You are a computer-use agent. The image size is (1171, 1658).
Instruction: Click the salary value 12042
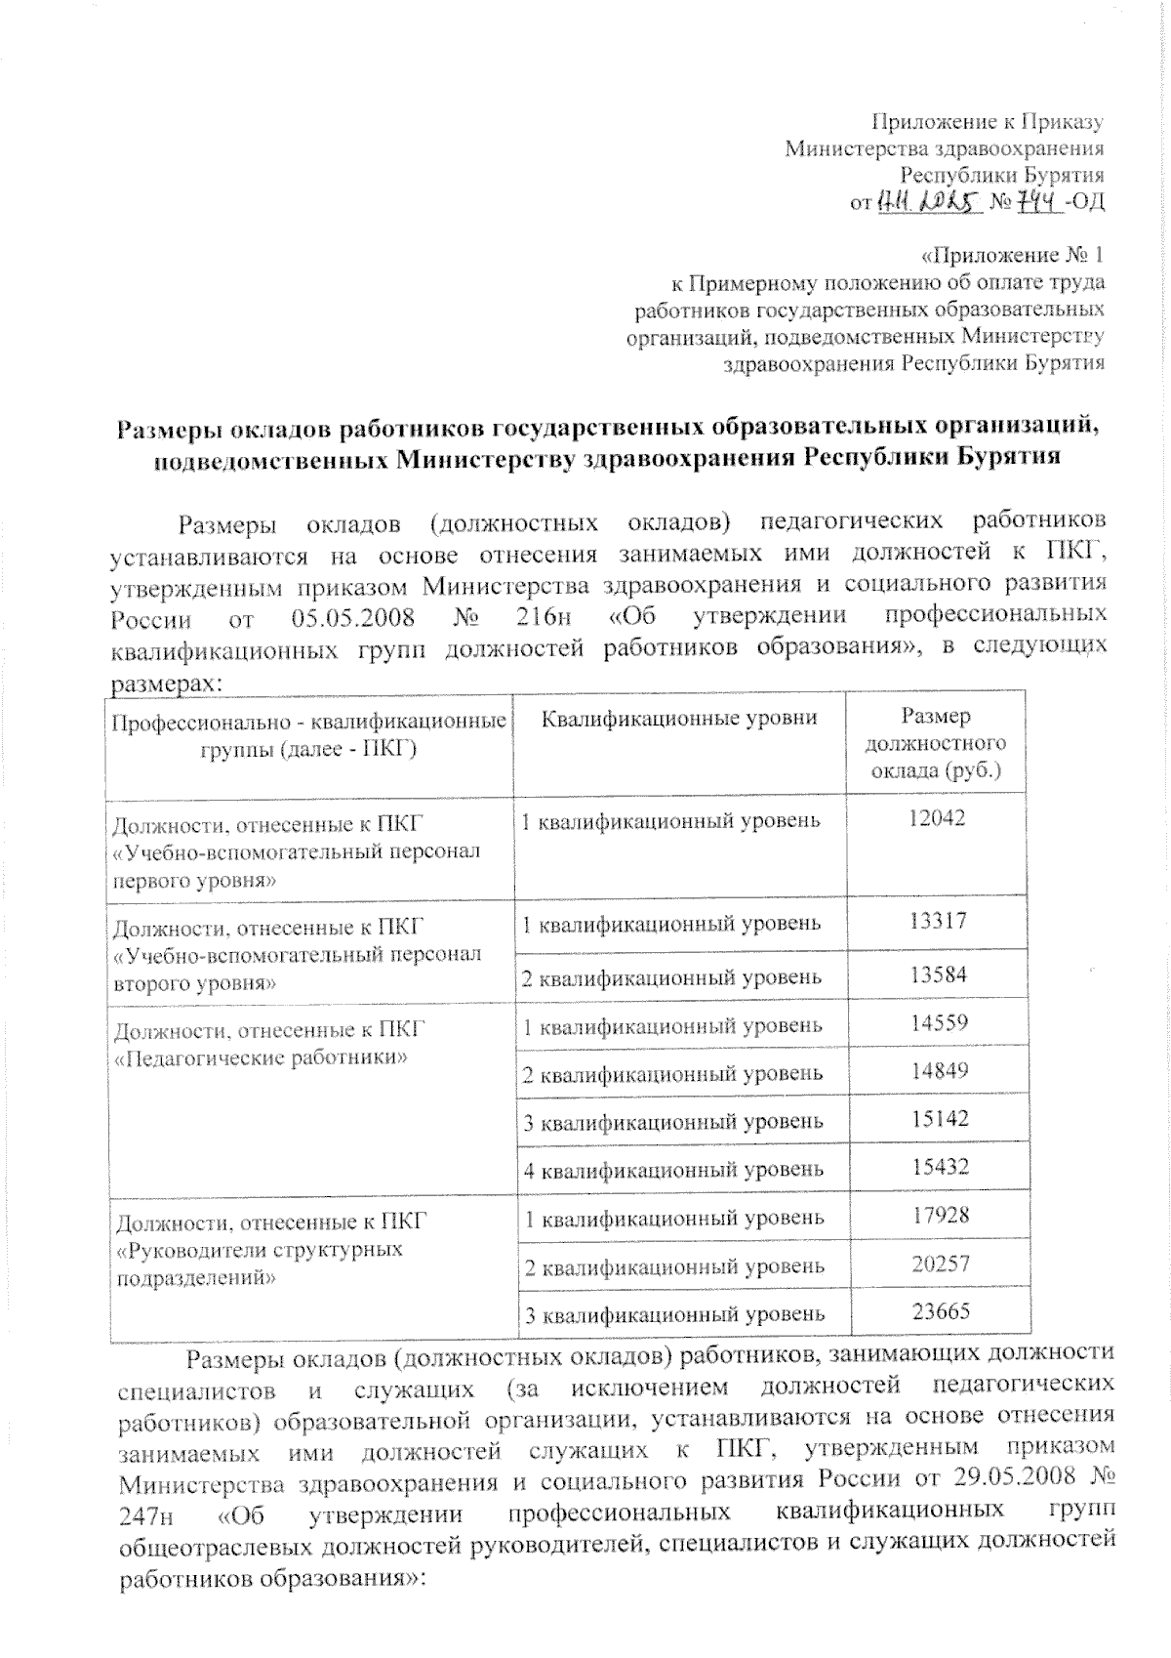937,818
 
